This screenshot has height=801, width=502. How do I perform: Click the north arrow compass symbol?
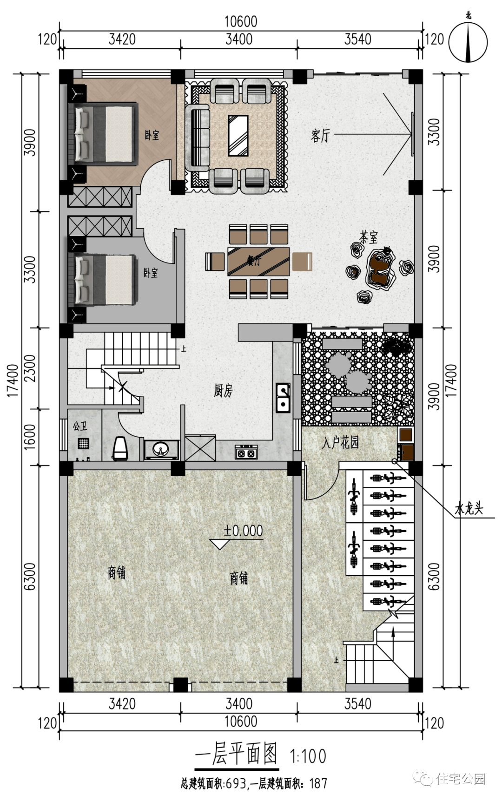tap(469, 41)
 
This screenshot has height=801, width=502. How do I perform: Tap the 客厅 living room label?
tap(320, 135)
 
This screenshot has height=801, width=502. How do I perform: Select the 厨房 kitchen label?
tap(223, 391)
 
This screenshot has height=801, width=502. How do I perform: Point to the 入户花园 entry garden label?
tap(340, 442)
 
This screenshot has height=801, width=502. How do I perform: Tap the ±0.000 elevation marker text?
tap(243, 531)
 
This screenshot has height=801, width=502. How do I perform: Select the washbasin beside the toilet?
tap(161, 449)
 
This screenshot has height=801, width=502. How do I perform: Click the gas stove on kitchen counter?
tap(246, 451)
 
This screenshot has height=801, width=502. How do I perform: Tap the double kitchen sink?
tap(283, 398)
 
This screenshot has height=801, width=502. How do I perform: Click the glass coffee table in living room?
tap(238, 136)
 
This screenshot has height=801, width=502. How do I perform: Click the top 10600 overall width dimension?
tap(240, 21)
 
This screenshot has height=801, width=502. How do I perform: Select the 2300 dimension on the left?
tap(30, 368)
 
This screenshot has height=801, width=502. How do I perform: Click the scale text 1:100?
tap(308, 756)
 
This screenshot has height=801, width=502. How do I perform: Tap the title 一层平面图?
tap(236, 755)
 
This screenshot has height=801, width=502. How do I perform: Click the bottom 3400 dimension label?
tap(239, 703)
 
